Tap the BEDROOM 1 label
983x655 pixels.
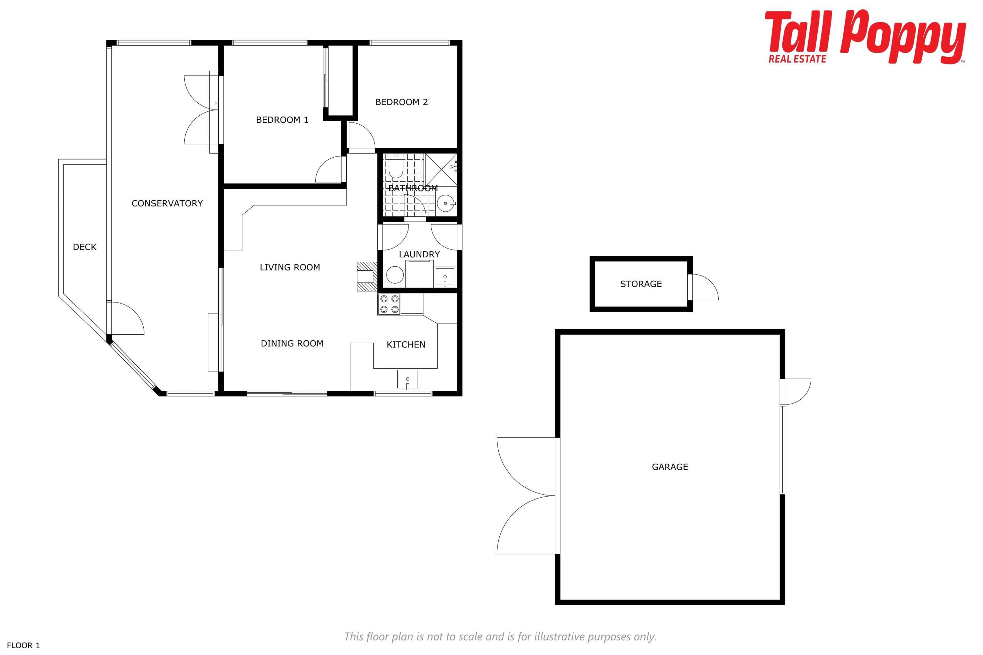point(282,120)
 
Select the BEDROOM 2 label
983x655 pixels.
point(401,102)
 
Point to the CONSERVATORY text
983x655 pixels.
point(167,203)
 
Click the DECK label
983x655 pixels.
point(84,247)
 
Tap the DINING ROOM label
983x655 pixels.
point(292,343)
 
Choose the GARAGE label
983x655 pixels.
point(670,467)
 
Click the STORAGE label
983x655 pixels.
point(641,284)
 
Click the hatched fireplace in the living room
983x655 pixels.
point(367,277)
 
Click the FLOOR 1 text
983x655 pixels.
point(23,645)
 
